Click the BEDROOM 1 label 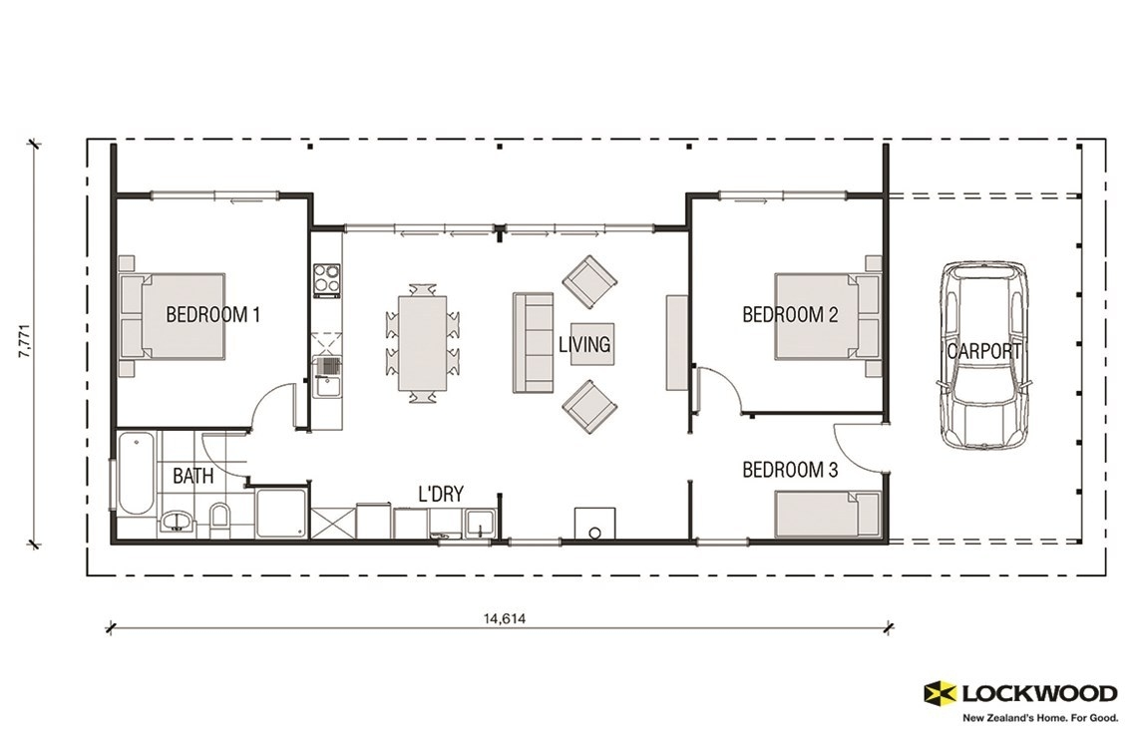(x=212, y=315)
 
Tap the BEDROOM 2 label (x=790, y=315)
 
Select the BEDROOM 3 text (x=790, y=470)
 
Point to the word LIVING (x=584, y=345)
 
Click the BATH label (x=192, y=477)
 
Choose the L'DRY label (x=441, y=494)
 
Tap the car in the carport (x=982, y=355)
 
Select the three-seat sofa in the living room (x=533, y=342)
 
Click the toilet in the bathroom (x=219, y=519)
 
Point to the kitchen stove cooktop (x=327, y=280)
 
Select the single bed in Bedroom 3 (x=827, y=514)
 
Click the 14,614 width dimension (x=505, y=618)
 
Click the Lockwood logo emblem (x=940, y=693)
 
